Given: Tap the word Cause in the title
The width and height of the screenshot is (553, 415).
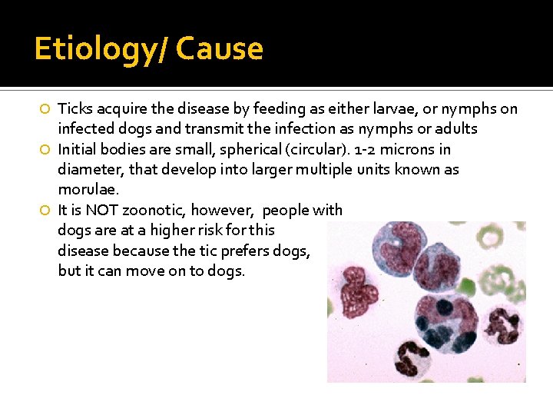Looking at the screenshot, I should tap(220, 49).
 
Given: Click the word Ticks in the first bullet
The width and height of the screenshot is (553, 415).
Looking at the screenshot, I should tap(75, 108).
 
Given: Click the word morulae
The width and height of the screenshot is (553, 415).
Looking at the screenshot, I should tap(86, 189).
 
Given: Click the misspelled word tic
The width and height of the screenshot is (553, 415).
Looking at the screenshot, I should tap(217, 250).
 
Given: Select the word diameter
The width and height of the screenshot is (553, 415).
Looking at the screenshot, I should tap(87, 169).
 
